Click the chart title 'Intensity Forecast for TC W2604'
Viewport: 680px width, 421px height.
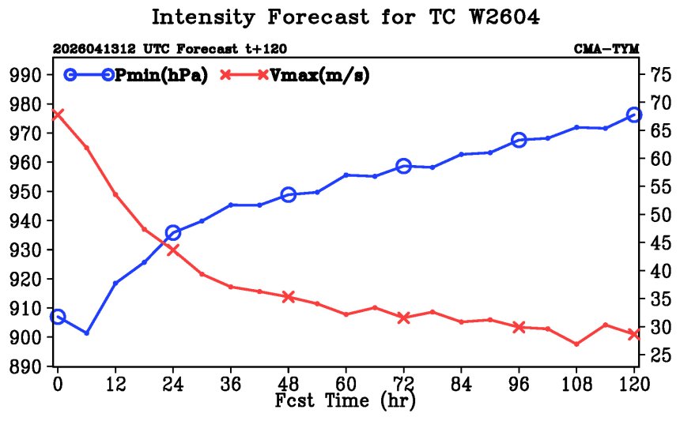pyautogui.click(x=346, y=17)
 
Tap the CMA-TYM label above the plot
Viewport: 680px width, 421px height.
pyautogui.click(x=606, y=49)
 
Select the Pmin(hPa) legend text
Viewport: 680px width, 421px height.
pyautogui.click(x=161, y=75)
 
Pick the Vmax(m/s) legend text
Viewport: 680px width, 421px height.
pyautogui.click(x=319, y=75)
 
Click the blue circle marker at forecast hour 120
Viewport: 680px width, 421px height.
pyautogui.click(x=634, y=115)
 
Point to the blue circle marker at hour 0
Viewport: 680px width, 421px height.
pyautogui.click(x=58, y=317)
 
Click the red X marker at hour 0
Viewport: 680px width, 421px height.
pyautogui.click(x=57, y=115)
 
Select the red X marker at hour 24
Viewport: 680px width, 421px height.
pyautogui.click(x=173, y=250)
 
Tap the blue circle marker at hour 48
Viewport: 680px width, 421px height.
pyautogui.click(x=289, y=195)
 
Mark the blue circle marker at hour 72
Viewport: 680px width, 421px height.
pyautogui.click(x=404, y=166)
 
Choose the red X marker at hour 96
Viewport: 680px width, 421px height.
pyautogui.click(x=519, y=327)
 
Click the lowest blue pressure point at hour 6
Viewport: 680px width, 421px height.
pyautogui.click(x=87, y=333)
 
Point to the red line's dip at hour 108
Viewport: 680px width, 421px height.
pyautogui.click(x=576, y=344)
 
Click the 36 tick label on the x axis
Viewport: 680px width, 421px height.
pyautogui.click(x=231, y=384)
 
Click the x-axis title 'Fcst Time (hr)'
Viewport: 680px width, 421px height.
pyautogui.click(x=346, y=400)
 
